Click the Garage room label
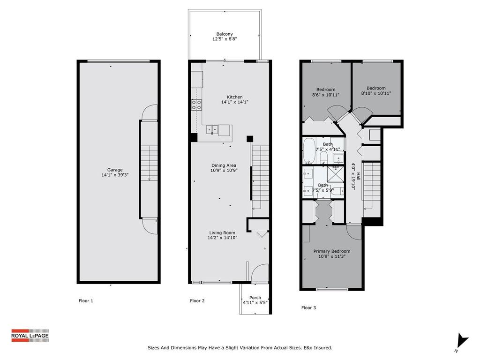(x=115, y=170)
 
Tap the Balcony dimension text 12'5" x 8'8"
(x=224, y=39)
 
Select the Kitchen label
(x=234, y=97)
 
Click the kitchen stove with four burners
(x=196, y=105)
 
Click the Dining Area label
(x=223, y=165)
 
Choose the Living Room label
(x=222, y=233)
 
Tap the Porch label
(x=255, y=298)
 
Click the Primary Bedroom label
(x=331, y=251)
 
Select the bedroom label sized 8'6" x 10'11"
(x=326, y=90)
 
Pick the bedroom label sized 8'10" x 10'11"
(x=376, y=88)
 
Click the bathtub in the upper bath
(x=309, y=150)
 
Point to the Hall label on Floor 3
(x=358, y=176)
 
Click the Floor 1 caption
(x=86, y=301)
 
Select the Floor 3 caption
(x=308, y=308)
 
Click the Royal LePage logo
(x=30, y=335)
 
